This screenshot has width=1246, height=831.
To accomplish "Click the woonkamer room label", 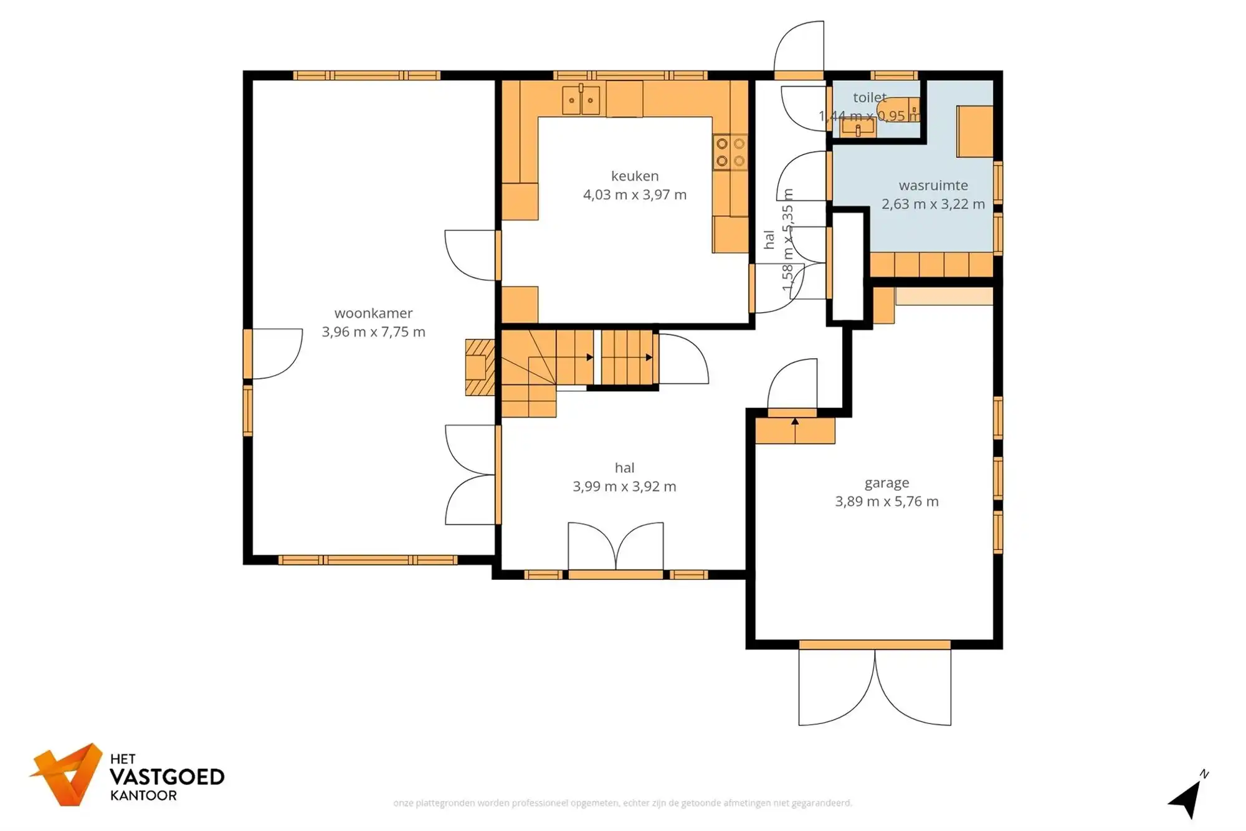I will [x=373, y=313].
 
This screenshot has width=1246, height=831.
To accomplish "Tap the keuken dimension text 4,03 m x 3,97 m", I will [x=634, y=195].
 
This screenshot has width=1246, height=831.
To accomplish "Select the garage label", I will [x=887, y=483].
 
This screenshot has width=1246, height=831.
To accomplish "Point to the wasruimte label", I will [x=933, y=186].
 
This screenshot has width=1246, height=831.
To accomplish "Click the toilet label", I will [x=869, y=98].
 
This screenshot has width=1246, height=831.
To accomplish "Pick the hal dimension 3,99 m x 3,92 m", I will [x=624, y=487].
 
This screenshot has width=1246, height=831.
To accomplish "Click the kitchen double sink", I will [x=581, y=100].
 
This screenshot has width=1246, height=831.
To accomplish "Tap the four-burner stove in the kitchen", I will [x=730, y=152].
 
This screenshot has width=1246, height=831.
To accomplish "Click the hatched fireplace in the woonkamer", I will [x=480, y=368].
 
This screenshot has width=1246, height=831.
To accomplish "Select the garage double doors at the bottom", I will [x=875, y=685].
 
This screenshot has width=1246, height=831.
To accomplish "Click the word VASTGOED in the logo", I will [x=167, y=777].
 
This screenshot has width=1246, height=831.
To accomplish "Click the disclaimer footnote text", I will [x=622, y=803].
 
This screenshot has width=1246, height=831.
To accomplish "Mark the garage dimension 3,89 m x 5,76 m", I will [x=887, y=501].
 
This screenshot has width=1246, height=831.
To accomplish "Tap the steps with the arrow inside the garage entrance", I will [x=795, y=430].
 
